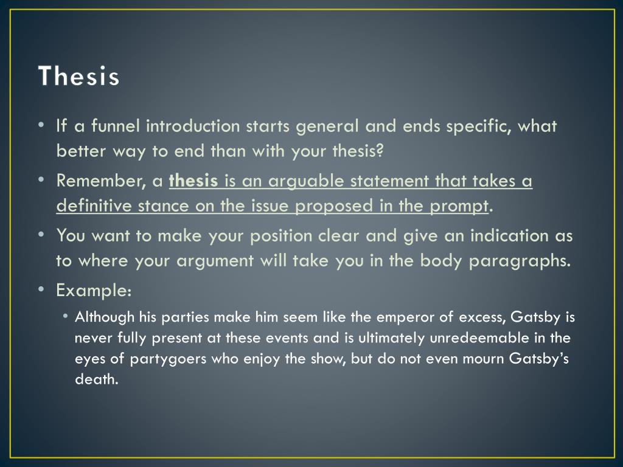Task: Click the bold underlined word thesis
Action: pos(193,181)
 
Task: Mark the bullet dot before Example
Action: pos(40,289)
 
